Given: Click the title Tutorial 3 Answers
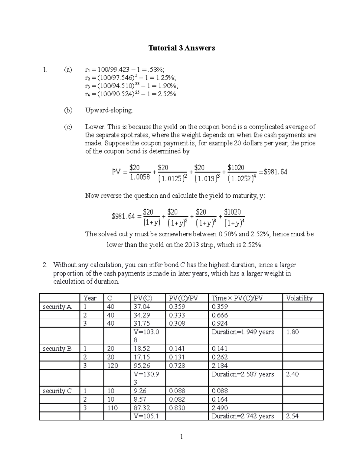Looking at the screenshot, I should click(181, 48).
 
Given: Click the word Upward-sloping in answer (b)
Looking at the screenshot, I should click(109, 110).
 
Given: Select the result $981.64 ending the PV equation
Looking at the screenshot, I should click(275, 172).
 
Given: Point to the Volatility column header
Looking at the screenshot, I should click(299, 298).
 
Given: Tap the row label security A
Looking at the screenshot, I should click(57, 307).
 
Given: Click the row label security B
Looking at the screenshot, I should click(57, 349).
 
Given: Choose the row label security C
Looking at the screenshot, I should click(57, 391).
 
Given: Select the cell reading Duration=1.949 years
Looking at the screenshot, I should click(243, 332).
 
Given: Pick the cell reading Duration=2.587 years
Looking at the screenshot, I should click(243, 374).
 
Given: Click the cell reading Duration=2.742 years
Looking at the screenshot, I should click(243, 416).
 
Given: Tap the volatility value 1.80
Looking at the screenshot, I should click(292, 332).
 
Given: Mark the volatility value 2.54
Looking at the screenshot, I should click(292, 416).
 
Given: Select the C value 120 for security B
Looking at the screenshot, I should click(113, 366).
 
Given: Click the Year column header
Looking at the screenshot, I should click(90, 298).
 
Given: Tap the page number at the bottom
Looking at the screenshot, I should click(181, 437).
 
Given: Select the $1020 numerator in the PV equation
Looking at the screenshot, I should click(236, 168).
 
